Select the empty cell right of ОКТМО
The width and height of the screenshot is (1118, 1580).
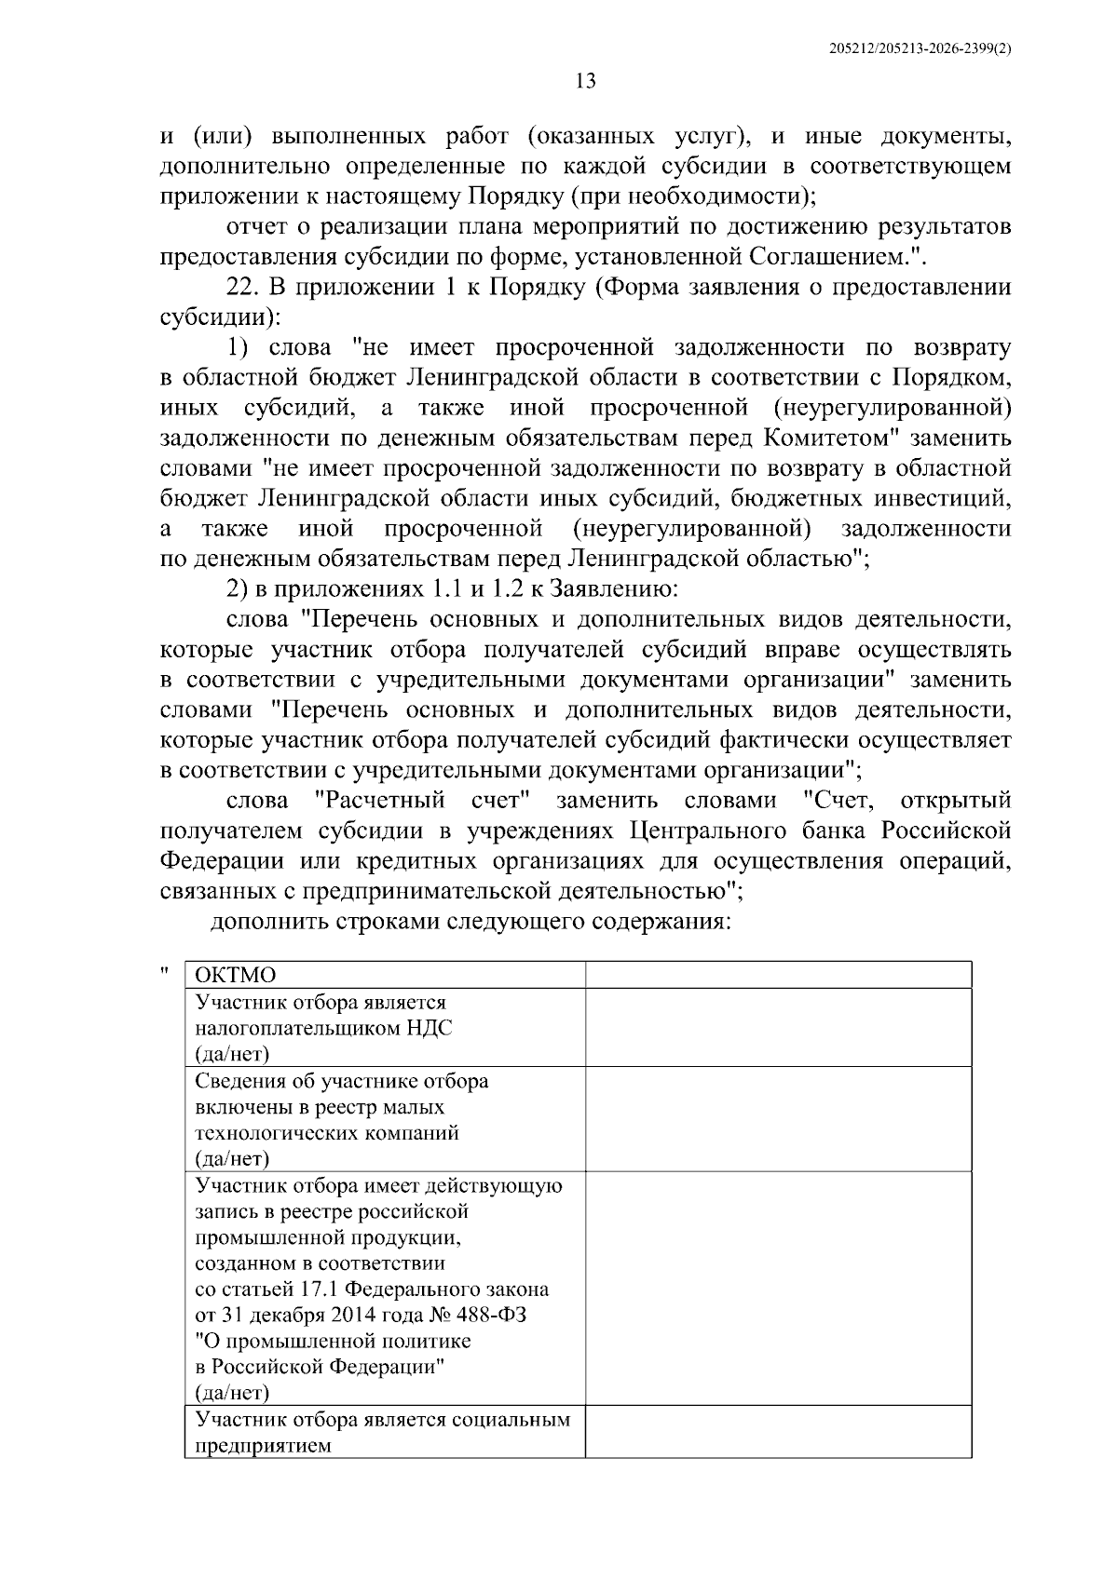(778, 975)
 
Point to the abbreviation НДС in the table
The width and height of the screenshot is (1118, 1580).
(429, 1028)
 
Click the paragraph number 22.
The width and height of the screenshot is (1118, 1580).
(243, 288)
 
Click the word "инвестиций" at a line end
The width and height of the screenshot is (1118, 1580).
(948, 498)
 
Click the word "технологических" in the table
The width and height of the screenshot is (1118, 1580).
(276, 1133)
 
